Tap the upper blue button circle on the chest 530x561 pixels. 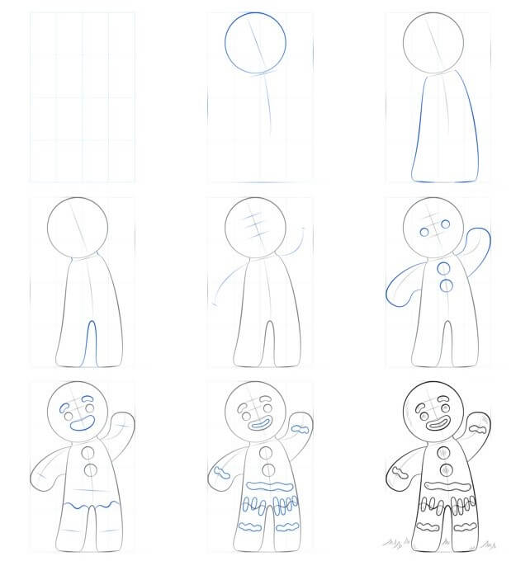tap(446, 268)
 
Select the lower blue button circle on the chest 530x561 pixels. tap(447, 285)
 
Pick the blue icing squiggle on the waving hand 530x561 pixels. tap(303, 429)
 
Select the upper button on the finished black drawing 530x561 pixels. tap(445, 453)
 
